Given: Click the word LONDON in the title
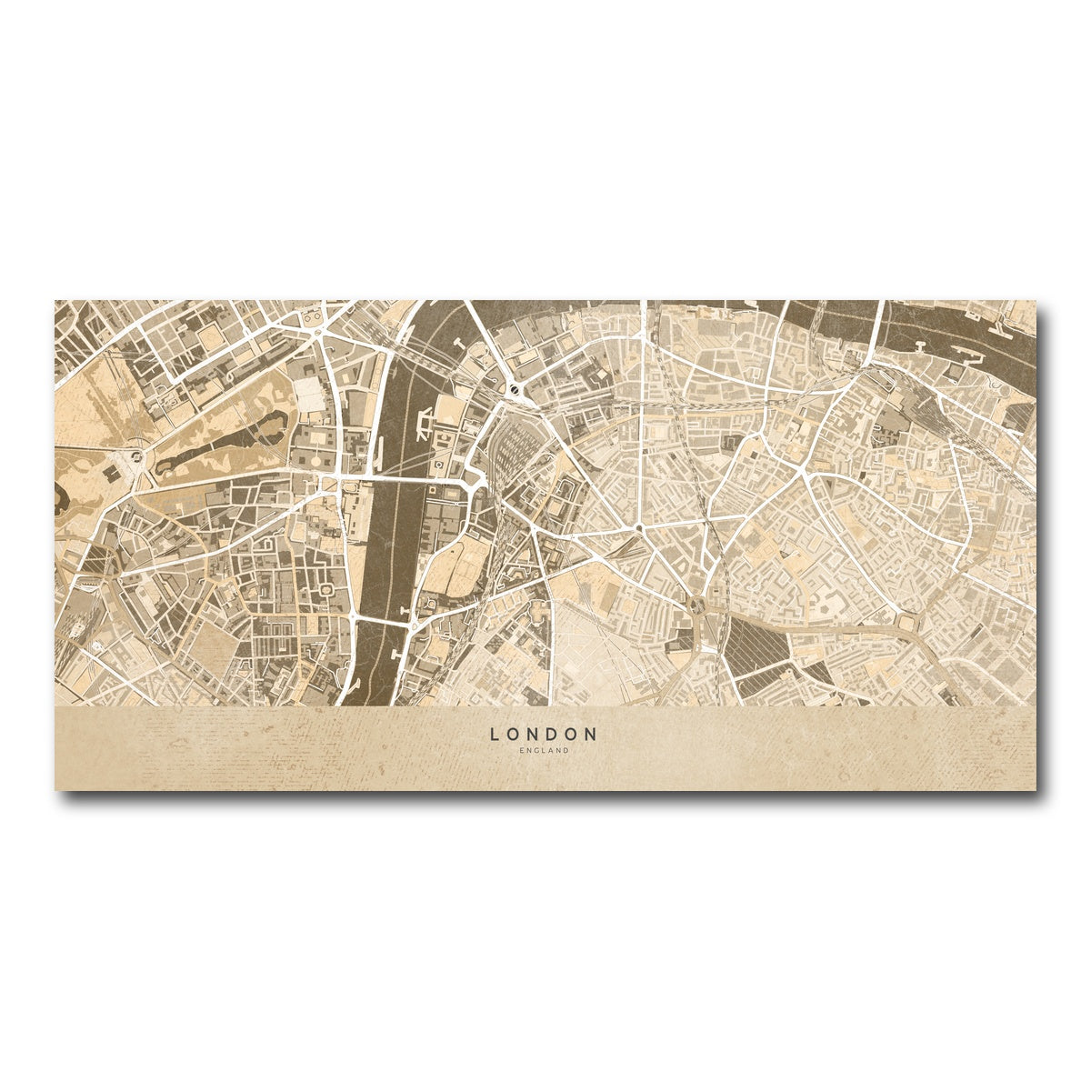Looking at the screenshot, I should pyautogui.click(x=544, y=733).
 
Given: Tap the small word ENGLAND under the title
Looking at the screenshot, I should pyautogui.click(x=544, y=751).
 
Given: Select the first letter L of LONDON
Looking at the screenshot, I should pyautogui.click(x=495, y=733).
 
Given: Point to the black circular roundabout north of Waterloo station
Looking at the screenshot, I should pyautogui.click(x=515, y=390).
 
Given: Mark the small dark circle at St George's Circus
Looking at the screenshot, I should pyautogui.click(x=639, y=527).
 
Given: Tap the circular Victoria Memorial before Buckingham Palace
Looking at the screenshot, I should pyautogui.click(x=136, y=455).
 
